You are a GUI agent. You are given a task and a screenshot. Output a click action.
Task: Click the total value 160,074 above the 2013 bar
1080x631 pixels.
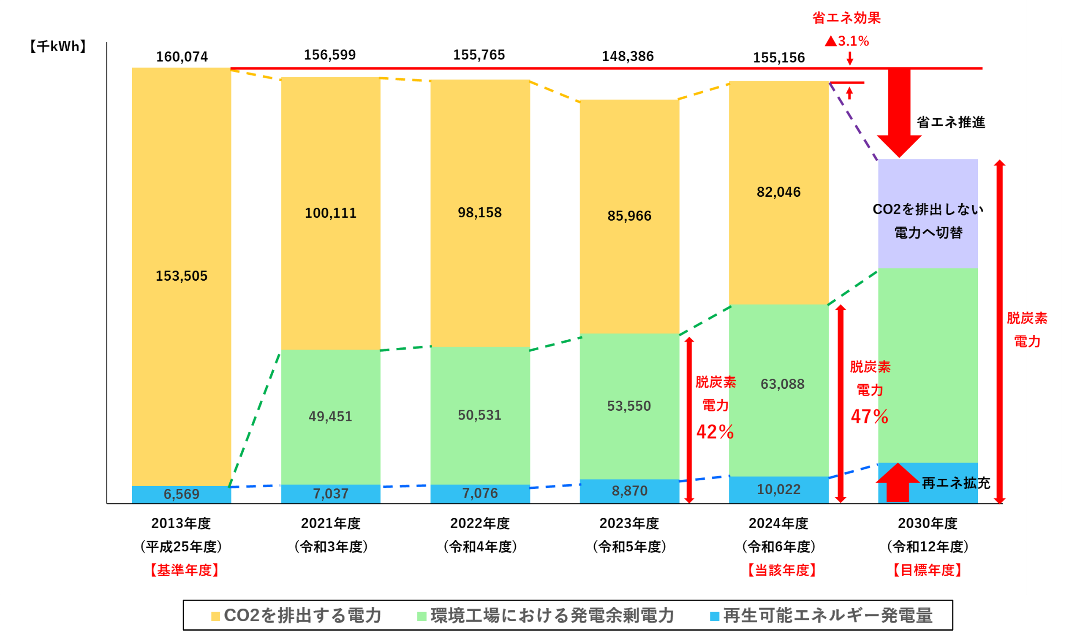[182, 57]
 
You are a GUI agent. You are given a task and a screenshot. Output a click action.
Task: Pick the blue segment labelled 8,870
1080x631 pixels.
[629, 490]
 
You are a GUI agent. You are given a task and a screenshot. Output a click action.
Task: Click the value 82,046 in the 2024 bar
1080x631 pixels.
[778, 192]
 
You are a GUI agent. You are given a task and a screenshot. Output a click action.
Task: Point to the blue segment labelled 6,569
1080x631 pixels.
[181, 494]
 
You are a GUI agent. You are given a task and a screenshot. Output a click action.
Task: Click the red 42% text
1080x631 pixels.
[715, 432]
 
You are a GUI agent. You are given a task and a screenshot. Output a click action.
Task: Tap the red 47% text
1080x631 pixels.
[869, 417]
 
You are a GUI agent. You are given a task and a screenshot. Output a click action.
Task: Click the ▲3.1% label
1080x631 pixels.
[846, 41]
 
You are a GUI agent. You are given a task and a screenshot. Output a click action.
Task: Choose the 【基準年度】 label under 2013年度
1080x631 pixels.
[184, 570]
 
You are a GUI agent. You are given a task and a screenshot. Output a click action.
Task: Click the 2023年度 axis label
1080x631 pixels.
[629, 523]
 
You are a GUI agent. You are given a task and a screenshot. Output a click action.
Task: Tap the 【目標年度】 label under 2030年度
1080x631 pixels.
[928, 570]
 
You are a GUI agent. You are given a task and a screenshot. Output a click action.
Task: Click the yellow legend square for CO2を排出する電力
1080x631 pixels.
[215, 616]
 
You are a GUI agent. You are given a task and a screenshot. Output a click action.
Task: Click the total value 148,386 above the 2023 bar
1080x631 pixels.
[628, 56]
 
